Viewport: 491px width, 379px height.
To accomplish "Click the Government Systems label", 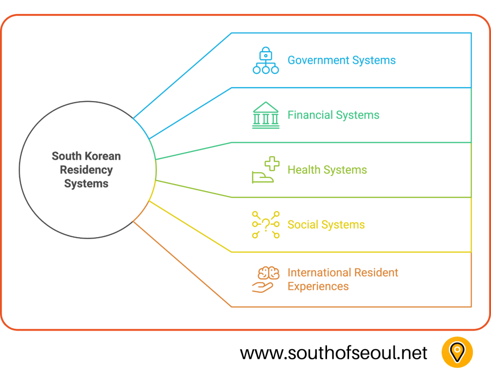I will pos(341,60).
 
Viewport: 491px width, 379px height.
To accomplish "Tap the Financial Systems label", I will pos(333,115).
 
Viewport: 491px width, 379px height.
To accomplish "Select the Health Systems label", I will pos(327,170).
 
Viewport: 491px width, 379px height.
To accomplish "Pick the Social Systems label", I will pos(326,225).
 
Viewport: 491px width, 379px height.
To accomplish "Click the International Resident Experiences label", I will pos(342,279).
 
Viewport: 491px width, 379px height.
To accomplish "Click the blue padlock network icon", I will pos(266,60).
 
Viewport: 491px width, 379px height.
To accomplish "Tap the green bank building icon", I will pos(266,115).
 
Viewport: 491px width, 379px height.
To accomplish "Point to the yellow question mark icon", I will pos(266,225).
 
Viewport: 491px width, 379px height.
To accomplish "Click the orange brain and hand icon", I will pos(265,279).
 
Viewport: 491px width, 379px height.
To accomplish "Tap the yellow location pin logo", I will pos(457,353).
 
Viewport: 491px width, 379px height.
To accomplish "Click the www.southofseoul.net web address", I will pos(333,353).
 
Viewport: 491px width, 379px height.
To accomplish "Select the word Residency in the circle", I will pos(86,170).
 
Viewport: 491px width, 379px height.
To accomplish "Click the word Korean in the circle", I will pos(103,156).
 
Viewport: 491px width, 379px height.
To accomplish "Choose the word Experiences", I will pos(318,287).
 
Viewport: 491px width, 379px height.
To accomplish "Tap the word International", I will pos(318,273).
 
